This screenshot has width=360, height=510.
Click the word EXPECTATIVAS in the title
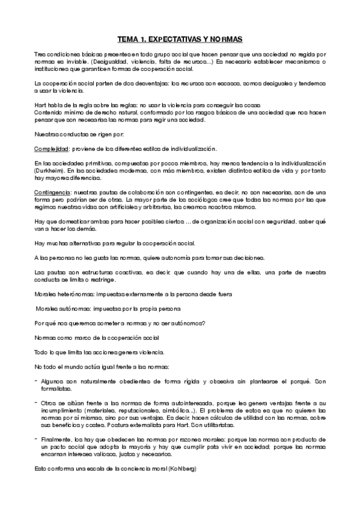pos(180,39)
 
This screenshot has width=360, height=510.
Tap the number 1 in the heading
pos(144,39)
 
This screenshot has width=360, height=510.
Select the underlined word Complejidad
pos(50,148)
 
